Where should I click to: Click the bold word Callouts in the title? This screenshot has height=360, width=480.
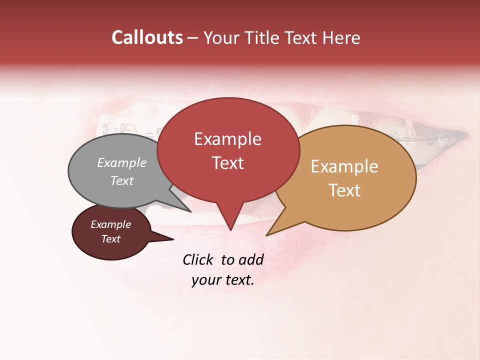coord(147,37)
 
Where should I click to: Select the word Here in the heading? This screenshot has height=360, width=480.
coord(341,38)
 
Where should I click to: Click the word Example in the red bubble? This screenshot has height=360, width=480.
coord(227,139)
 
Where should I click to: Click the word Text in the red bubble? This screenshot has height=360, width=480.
coord(227,163)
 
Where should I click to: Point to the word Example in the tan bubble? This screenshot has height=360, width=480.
coord(344,166)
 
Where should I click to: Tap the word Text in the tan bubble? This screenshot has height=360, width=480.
coord(344,190)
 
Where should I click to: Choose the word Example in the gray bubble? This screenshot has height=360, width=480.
coord(122,163)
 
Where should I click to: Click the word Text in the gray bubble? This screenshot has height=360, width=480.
coord(122,180)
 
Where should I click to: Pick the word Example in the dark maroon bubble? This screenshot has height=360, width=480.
coord(110,224)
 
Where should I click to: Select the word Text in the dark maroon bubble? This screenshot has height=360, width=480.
coord(110,239)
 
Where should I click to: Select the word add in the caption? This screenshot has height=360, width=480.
coord(250,259)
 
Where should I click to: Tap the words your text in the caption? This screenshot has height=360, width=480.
coord(223,280)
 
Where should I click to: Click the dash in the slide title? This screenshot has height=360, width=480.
coord(193,38)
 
